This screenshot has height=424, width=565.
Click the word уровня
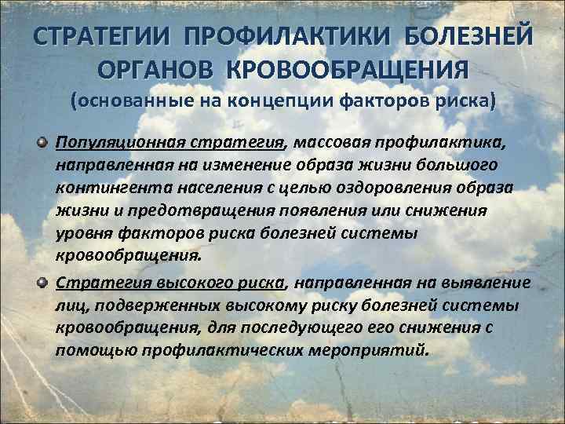[x=82, y=234]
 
